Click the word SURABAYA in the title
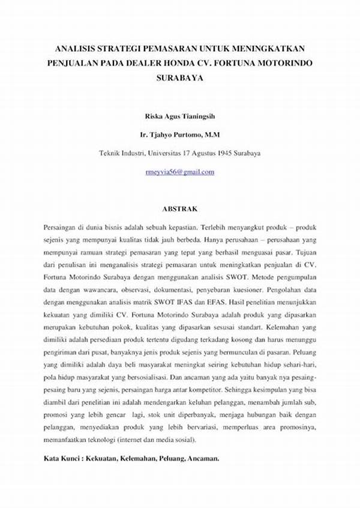pos(180,77)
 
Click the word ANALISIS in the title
pos(67,47)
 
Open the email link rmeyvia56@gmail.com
pos(179,172)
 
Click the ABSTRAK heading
pos(179,209)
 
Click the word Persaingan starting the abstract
pos(61,228)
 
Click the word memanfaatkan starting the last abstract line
pos(67,439)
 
